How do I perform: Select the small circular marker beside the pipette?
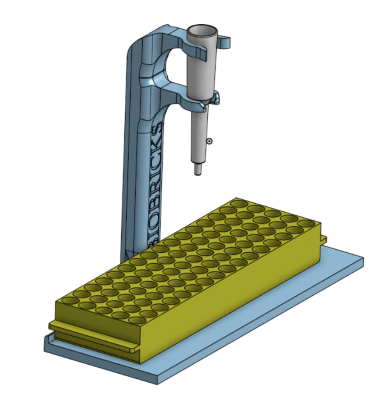click(209, 141)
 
